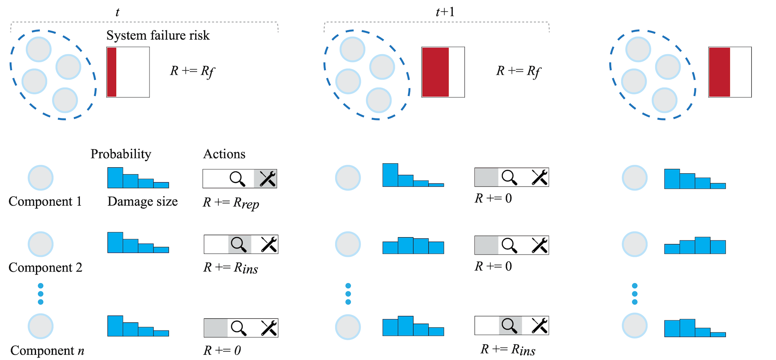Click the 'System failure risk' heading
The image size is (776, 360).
[158, 36]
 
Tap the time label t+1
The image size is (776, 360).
[445, 12]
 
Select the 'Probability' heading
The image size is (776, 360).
[121, 154]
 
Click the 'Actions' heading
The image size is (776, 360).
[224, 154]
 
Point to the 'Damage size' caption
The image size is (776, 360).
[143, 201]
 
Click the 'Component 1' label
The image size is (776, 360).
[45, 201]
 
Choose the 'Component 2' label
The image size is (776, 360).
[45, 267]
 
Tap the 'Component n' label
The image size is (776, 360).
[47, 350]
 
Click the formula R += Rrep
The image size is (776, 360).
[231, 203]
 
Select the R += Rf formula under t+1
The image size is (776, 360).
[519, 71]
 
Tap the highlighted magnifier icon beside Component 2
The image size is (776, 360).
[239, 244]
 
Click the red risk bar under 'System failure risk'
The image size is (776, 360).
[112, 72]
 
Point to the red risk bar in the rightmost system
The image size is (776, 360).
[719, 72]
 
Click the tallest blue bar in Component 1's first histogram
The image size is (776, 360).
[115, 178]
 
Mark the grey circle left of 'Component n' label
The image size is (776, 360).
[40, 326]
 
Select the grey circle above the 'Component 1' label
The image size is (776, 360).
[40, 178]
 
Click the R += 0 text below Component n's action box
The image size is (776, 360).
[222, 350]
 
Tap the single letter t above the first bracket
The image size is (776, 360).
[117, 12]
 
